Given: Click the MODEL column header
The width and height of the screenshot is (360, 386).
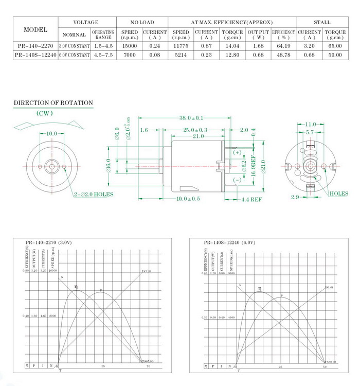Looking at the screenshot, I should tap(35, 29).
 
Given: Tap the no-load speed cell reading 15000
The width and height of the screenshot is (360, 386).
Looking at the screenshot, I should tap(130, 46).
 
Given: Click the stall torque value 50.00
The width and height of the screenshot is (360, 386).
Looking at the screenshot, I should tap(335, 55).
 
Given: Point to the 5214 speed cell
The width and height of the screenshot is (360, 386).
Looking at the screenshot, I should tap(181, 55).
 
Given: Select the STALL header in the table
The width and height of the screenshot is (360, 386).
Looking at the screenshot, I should tap(322, 23).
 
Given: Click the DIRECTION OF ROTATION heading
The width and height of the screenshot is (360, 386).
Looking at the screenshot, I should tap(53, 103).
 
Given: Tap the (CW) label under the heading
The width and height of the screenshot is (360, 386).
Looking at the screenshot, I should tap(46, 113).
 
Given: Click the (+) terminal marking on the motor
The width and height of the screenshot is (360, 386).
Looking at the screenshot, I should tap(237, 153).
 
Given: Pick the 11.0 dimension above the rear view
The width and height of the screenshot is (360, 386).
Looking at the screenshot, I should tap(311, 125).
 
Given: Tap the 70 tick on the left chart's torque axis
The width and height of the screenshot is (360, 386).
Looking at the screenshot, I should tap(148, 366).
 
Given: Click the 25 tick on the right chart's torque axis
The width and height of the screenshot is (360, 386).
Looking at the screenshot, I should tap(281, 366).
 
